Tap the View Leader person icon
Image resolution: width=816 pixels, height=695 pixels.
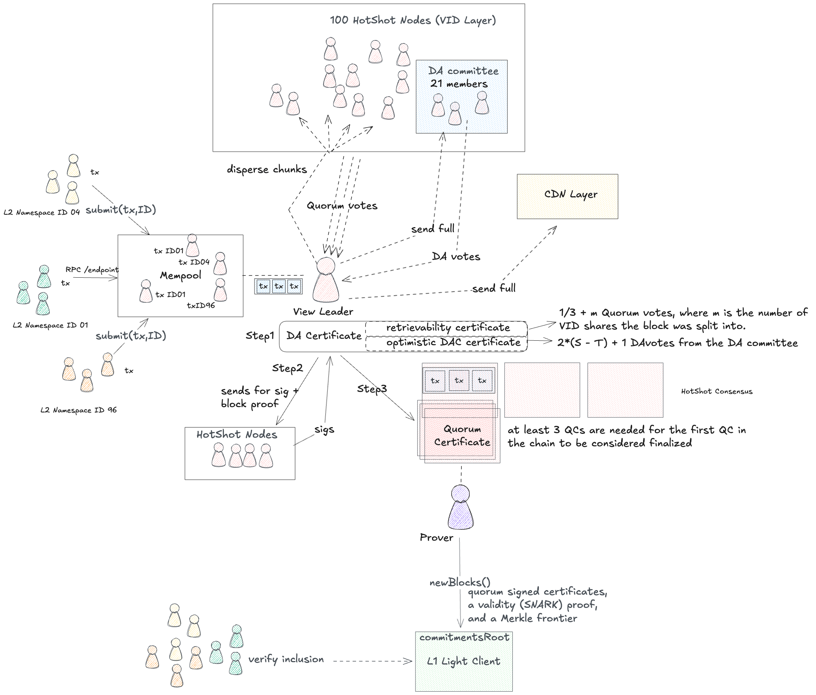pyautogui.click(x=326, y=280)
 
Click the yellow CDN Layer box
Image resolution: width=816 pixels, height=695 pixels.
pyautogui.click(x=568, y=196)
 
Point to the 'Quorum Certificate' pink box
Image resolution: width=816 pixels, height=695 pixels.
pyautogui.click(x=461, y=435)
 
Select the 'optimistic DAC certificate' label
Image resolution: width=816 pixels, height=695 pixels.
pyautogui.click(x=453, y=342)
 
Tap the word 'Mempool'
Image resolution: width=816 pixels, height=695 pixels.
pyautogui.click(x=180, y=275)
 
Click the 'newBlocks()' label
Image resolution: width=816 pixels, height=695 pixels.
pyautogui.click(x=460, y=583)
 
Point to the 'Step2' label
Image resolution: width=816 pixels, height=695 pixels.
pyautogui.click(x=287, y=368)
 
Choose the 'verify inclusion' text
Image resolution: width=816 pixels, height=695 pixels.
pyautogui.click(x=286, y=659)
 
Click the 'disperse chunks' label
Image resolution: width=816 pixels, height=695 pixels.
pyautogui.click(x=267, y=170)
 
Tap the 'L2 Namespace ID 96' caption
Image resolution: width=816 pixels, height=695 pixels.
pyautogui.click(x=79, y=410)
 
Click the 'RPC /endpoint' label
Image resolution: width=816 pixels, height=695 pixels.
pyautogui.click(x=92, y=269)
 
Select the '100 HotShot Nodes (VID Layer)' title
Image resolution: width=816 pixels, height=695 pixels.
pyautogui.click(x=413, y=20)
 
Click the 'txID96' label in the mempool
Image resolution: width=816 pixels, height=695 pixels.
pyautogui.click(x=201, y=305)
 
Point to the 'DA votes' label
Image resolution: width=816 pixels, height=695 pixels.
pyautogui.click(x=456, y=257)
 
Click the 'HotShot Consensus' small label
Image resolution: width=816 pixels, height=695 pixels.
pyautogui.click(x=716, y=392)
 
